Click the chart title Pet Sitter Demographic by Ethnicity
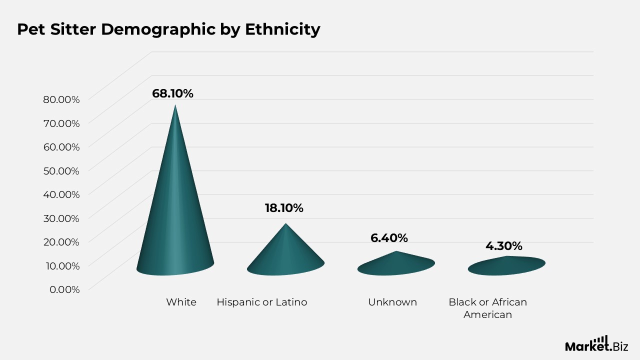[168, 29]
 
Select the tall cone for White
[175, 200]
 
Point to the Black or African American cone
[506, 266]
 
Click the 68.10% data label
[172, 93]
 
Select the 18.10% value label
[284, 208]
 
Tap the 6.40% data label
[389, 238]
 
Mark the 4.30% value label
[504, 246]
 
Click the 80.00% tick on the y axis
[61, 99]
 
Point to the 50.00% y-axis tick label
[61, 171]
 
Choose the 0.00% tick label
[64, 289]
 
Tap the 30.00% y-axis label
[61, 218]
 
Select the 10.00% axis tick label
[62, 265]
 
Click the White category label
[181, 302]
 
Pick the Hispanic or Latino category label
[262, 302]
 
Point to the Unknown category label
[392, 302]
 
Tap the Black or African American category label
[487, 308]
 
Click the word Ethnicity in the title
[283, 29]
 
